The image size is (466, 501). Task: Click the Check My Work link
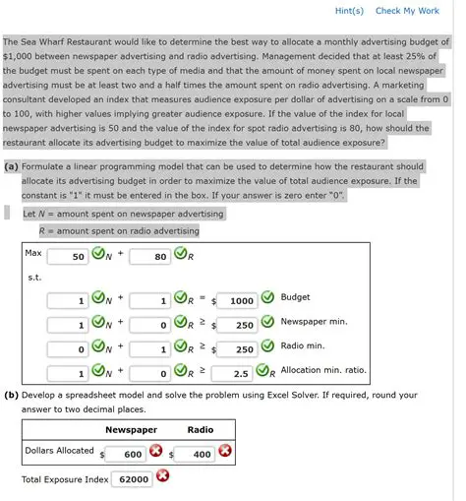[x=407, y=11]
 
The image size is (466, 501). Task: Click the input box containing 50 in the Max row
[x=68, y=257]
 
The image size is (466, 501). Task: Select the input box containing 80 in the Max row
[x=150, y=257]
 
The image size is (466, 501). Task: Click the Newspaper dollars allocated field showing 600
[x=125, y=453]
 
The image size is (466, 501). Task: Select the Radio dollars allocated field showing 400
[x=195, y=453]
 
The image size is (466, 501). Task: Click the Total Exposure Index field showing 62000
[x=130, y=479]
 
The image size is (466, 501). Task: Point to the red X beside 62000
[x=162, y=477]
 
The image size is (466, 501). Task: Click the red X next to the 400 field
[x=225, y=452]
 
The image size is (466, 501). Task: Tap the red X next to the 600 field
[x=155, y=452]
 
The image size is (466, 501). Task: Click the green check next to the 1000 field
[x=267, y=299]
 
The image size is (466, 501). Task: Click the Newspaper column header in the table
[x=131, y=430]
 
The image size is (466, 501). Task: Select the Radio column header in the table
[x=200, y=430]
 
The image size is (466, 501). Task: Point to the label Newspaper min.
[x=314, y=322]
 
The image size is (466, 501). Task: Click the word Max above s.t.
[x=33, y=253]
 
